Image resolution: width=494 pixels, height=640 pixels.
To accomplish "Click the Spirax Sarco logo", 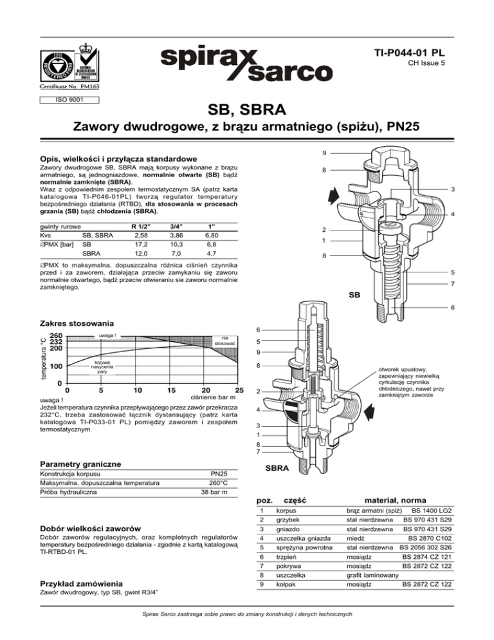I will pyautogui.click(x=246, y=64).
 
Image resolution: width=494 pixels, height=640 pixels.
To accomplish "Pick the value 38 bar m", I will pyautogui.click(x=214, y=492).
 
